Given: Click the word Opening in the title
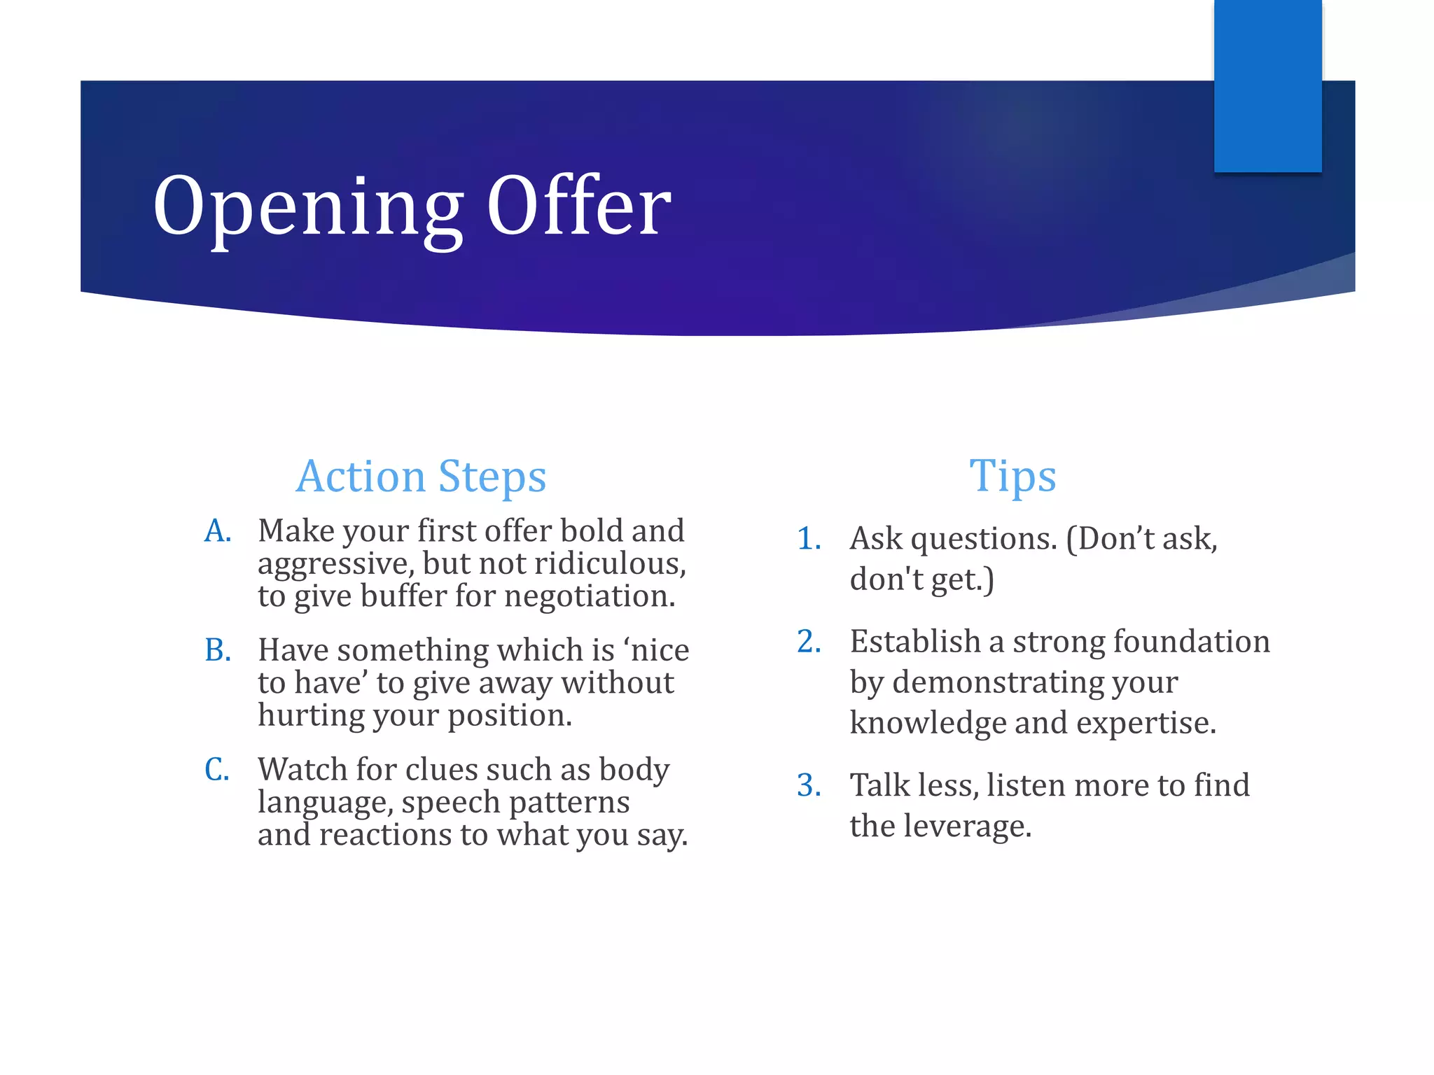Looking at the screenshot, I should (x=308, y=208).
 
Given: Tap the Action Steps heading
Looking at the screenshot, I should (x=421, y=477).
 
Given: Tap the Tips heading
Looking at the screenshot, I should (x=1012, y=477).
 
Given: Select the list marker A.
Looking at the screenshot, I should (x=218, y=531).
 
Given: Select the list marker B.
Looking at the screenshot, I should (x=218, y=651).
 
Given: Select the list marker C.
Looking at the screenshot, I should (x=217, y=770).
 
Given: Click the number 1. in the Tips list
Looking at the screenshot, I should (x=809, y=539).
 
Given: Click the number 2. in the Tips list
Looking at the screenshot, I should (x=809, y=642).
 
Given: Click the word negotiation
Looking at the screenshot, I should (x=590, y=596).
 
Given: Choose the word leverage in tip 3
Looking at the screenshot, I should (x=967, y=827).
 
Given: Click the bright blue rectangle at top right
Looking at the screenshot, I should (x=1267, y=85).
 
